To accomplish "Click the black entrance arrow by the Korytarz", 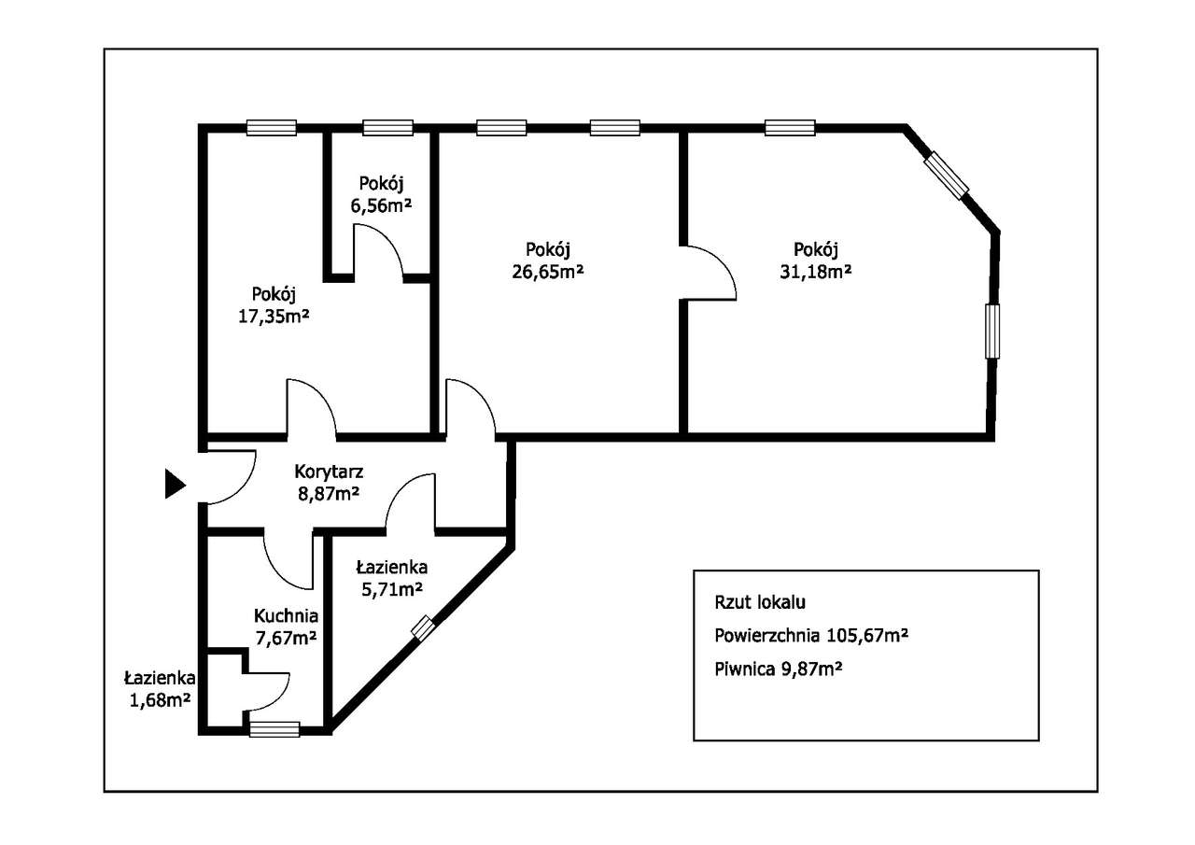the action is [x=175, y=484].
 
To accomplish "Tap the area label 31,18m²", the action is [x=815, y=272].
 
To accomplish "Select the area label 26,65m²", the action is [x=548, y=272].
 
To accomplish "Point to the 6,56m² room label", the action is [x=381, y=205].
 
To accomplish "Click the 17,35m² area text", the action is [x=274, y=316].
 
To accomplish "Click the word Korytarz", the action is [x=329, y=472].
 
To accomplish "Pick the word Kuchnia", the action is [x=286, y=615].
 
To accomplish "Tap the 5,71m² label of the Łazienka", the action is [x=392, y=589].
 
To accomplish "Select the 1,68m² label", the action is [x=160, y=700].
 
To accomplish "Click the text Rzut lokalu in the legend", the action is [x=760, y=602].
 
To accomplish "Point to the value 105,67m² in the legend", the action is [x=867, y=635].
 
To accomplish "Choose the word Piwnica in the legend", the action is [x=745, y=669].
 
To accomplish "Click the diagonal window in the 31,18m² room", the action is [x=946, y=176].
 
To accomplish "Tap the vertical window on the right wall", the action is [x=992, y=331].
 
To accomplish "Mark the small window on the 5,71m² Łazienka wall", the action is [x=423, y=627].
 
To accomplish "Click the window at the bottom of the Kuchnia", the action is [x=274, y=729].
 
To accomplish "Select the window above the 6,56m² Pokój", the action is [x=387, y=128].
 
